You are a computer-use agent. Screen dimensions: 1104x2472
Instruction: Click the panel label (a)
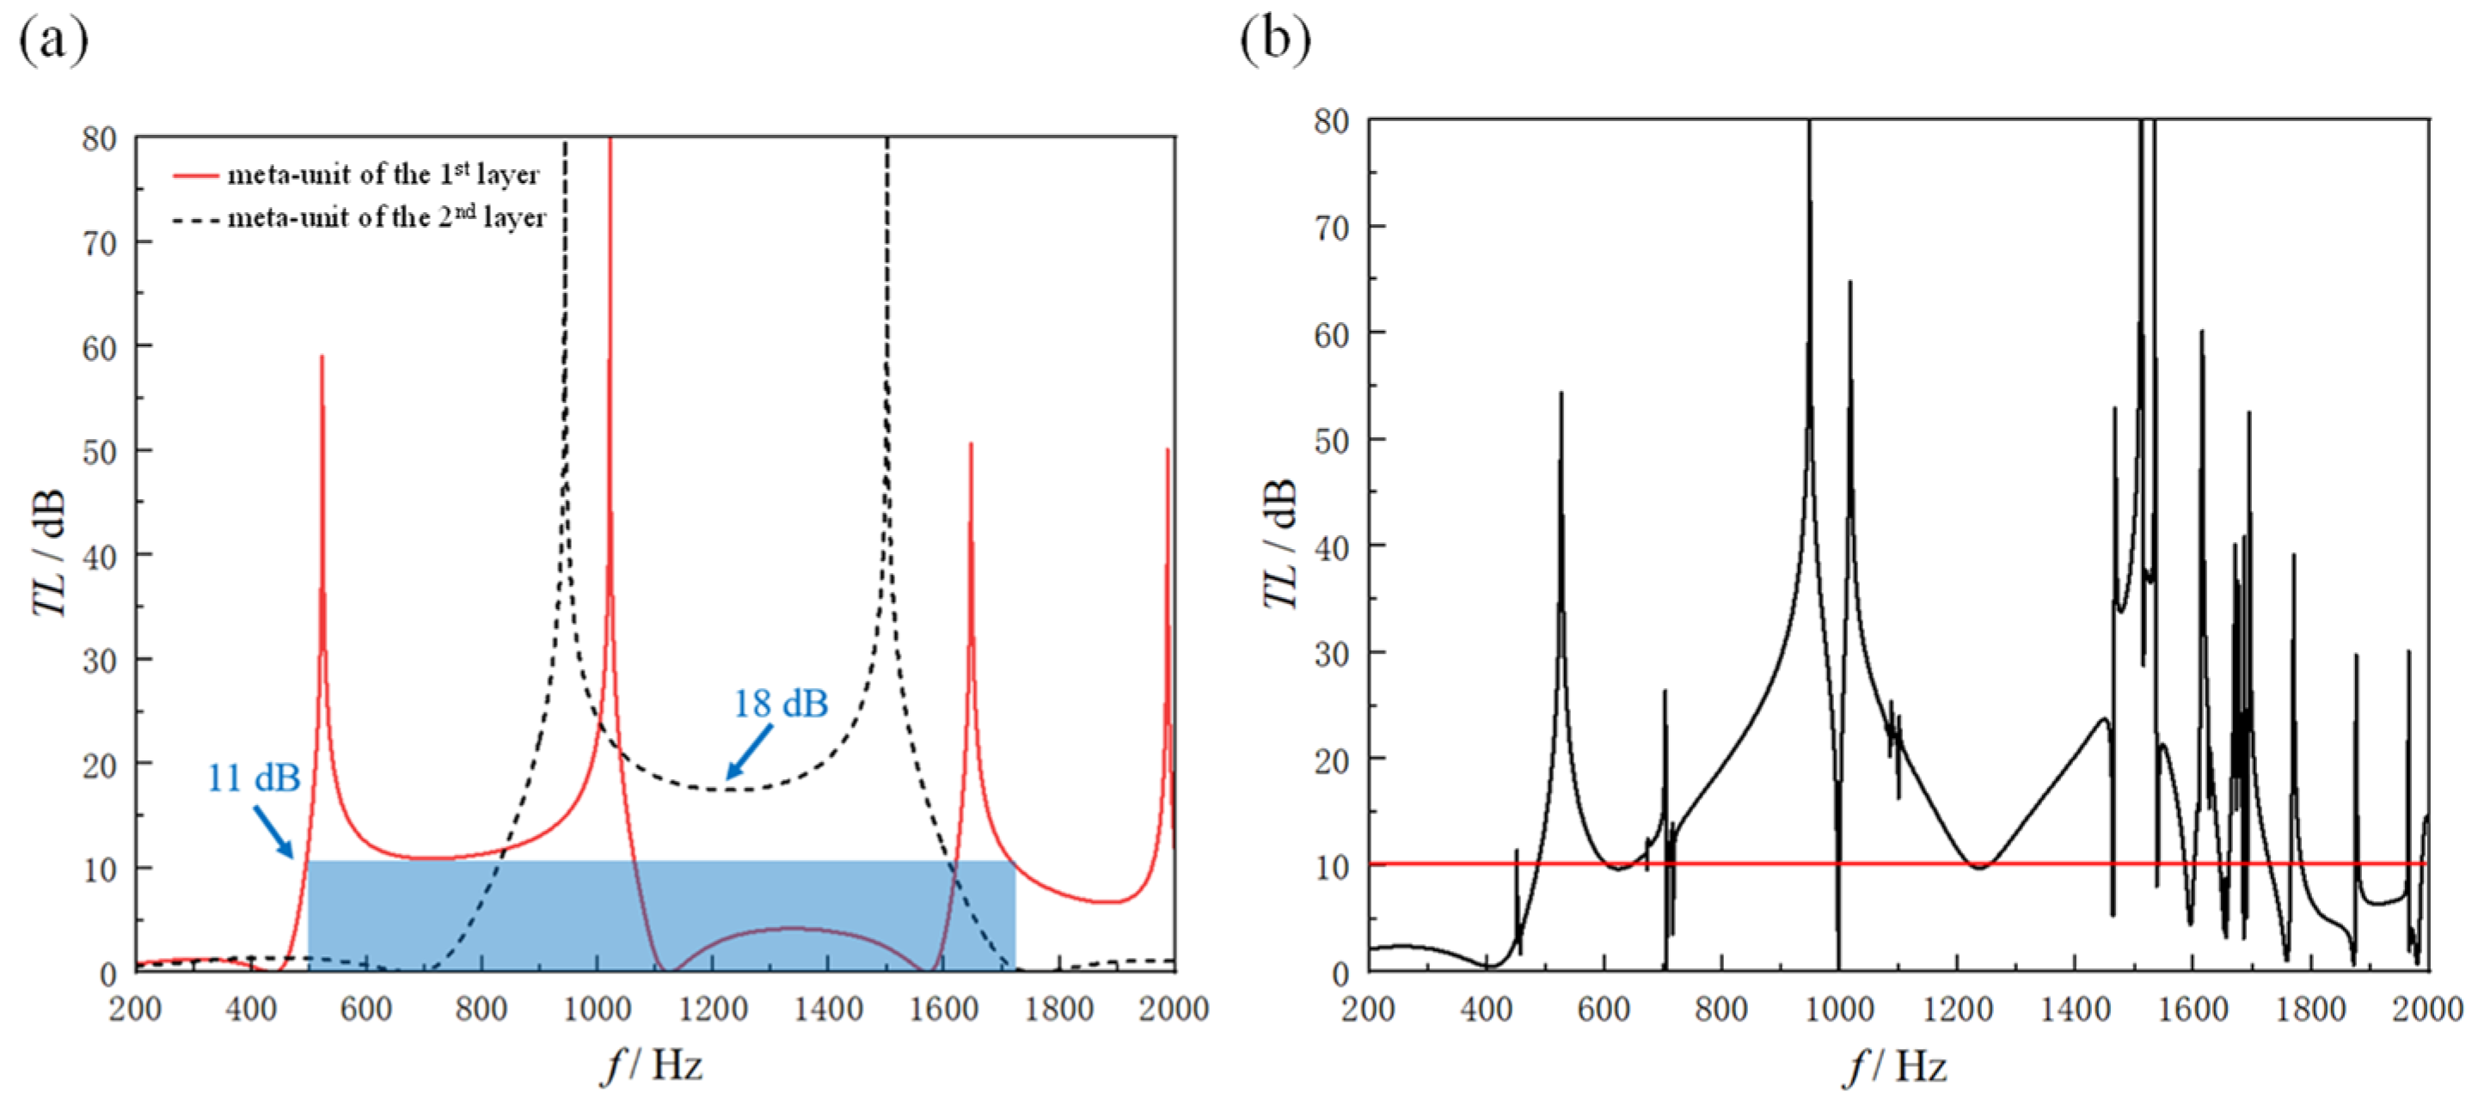(52, 40)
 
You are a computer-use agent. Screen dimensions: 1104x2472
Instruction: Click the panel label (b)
(1274, 40)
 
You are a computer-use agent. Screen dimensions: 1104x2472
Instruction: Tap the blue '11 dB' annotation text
(254, 778)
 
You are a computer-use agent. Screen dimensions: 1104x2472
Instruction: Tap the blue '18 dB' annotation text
(780, 704)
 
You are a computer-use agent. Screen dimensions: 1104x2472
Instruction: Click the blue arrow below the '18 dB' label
(749, 753)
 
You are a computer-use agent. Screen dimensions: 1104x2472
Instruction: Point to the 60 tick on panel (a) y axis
(99, 347)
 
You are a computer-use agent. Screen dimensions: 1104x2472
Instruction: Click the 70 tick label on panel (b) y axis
(1332, 229)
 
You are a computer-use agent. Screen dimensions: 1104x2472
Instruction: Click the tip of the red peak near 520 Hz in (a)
(322, 357)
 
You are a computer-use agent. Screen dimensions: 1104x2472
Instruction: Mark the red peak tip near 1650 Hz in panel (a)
(970, 444)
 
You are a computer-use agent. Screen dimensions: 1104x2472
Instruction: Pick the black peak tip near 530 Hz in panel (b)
(1561, 393)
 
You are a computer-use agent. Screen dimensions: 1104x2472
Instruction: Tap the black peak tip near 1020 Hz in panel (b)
(1849, 282)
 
